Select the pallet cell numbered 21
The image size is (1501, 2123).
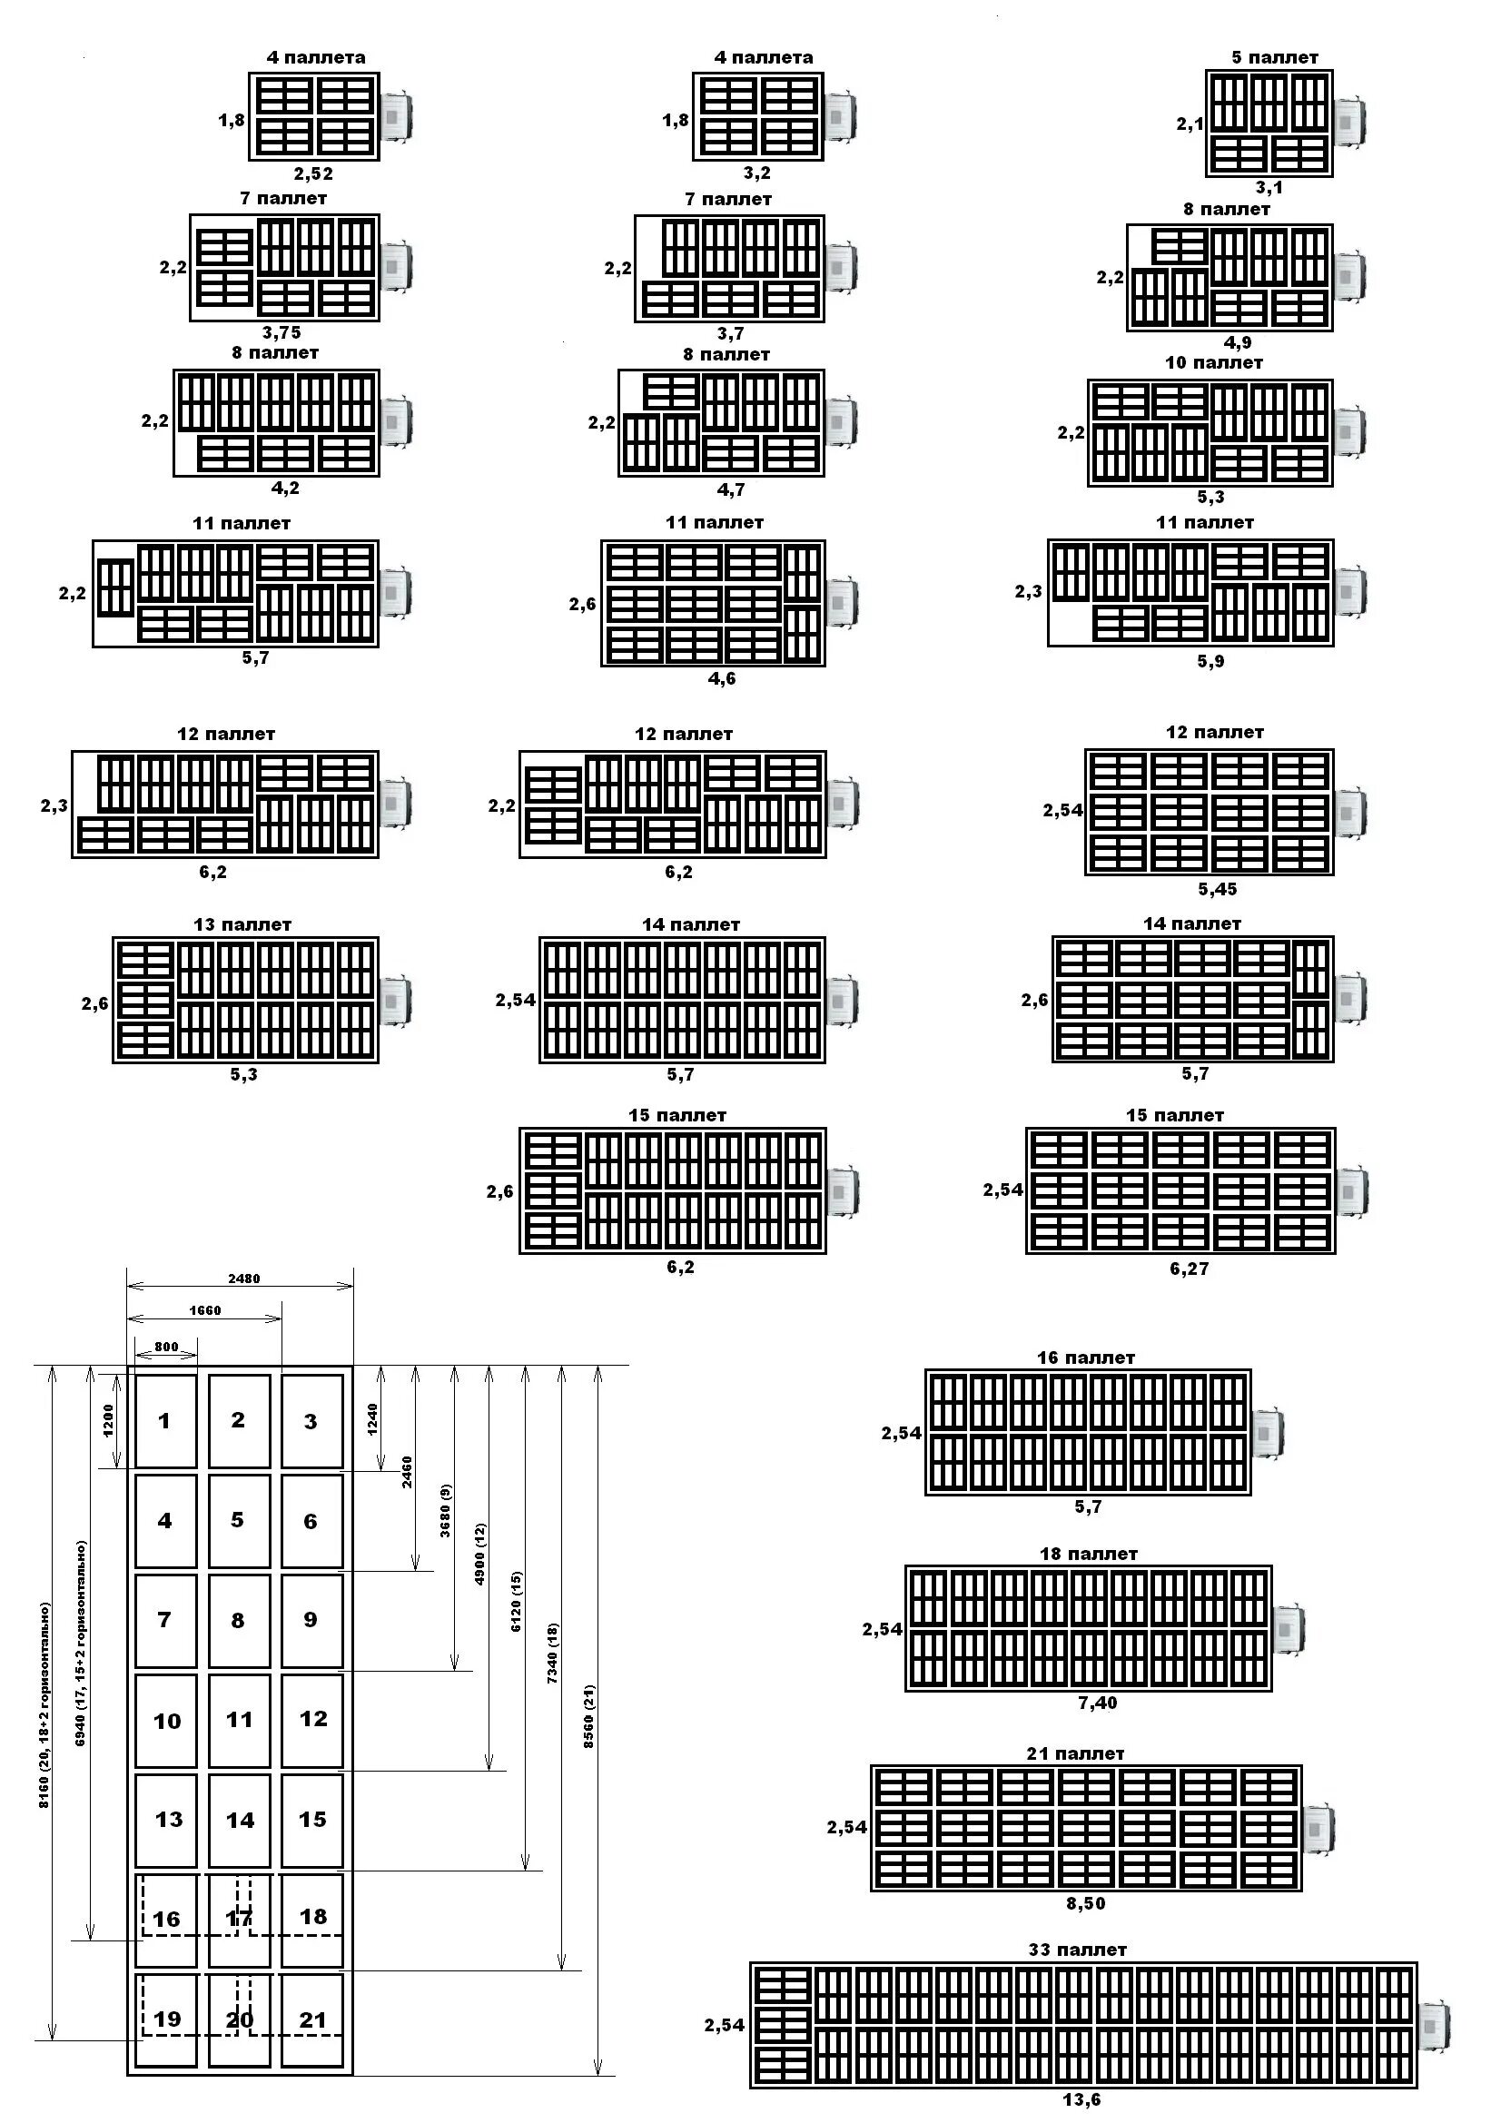click(x=312, y=2019)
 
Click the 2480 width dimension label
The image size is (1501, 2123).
click(x=244, y=1279)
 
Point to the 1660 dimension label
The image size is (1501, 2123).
click(x=205, y=1310)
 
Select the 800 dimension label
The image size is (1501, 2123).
click(x=166, y=1348)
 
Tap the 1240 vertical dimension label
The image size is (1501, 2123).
click(x=372, y=1420)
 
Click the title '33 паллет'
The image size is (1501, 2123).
click(x=1078, y=1950)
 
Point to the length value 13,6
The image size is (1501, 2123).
click(x=1082, y=2100)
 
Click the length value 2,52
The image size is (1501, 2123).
click(x=313, y=173)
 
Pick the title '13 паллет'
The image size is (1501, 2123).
click(x=242, y=924)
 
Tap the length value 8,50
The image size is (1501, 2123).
click(x=1086, y=1904)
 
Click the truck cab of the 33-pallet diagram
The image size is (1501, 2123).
click(x=1435, y=2026)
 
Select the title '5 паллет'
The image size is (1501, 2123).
click(x=1274, y=57)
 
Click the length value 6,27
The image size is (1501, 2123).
click(x=1190, y=1269)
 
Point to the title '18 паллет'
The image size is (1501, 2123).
click(x=1089, y=1555)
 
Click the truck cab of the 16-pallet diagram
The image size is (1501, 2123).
click(x=1267, y=1434)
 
